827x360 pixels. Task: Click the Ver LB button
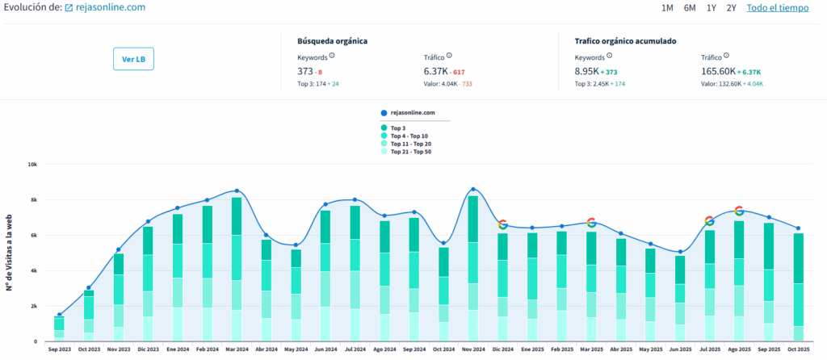(133, 59)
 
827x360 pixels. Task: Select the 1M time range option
(667, 8)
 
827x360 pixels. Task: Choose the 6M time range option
(689, 8)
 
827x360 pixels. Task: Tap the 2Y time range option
(731, 8)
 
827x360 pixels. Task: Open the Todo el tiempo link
(776, 8)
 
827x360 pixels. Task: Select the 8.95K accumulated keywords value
(587, 72)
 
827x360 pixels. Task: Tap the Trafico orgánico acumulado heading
(625, 40)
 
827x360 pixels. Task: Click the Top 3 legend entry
(399, 128)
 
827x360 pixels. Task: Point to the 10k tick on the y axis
(32, 164)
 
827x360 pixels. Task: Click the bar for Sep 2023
(59, 328)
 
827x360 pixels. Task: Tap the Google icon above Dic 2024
(502, 224)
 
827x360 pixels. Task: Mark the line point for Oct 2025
(798, 228)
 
